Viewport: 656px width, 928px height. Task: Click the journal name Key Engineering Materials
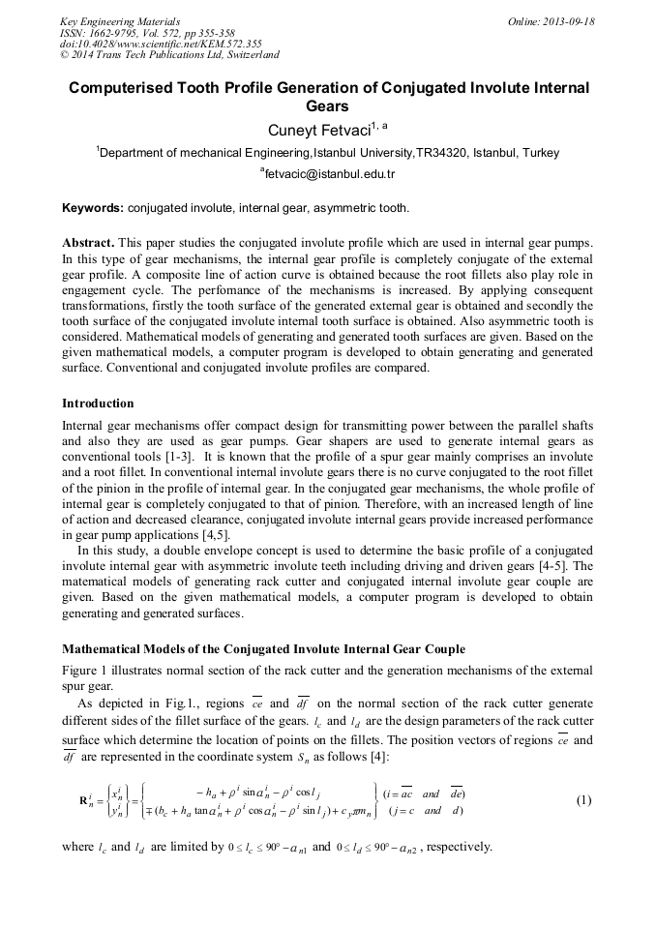(119, 21)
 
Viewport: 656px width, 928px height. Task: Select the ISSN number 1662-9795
(120, 33)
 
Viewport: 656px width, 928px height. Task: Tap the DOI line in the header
(147, 45)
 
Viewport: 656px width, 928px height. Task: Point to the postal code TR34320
(442, 153)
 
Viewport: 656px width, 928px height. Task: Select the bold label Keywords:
(93, 208)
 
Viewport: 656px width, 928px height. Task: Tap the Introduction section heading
(98, 404)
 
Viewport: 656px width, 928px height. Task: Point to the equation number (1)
(583, 800)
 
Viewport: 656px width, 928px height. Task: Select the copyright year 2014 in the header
(85, 56)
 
